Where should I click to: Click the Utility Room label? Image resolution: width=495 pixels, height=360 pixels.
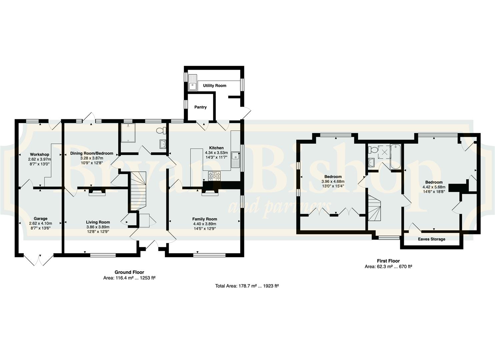(215, 86)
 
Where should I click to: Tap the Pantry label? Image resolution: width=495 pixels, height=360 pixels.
(200, 107)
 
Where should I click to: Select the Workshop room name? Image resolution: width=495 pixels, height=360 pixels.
(40, 154)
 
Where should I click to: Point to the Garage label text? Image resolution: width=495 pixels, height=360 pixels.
(40, 219)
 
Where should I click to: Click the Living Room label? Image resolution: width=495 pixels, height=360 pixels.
(98, 222)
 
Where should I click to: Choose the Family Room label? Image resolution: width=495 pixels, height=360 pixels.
(205, 219)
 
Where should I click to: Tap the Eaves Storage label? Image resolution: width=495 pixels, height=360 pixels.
(432, 239)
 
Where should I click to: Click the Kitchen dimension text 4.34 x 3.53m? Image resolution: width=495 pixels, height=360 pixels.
(216, 153)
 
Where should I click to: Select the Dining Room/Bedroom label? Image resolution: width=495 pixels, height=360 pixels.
(92, 153)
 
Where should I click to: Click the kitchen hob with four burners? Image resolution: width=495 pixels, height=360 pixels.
(214, 176)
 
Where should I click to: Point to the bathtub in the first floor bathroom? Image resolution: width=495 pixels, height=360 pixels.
(395, 157)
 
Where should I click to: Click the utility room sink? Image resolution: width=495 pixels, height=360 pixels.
(193, 82)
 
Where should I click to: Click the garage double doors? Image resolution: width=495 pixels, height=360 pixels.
(39, 260)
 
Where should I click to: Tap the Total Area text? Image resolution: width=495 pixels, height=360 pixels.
(247, 286)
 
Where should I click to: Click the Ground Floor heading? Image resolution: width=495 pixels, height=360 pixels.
(129, 272)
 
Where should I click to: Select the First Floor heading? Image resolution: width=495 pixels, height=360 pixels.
(388, 261)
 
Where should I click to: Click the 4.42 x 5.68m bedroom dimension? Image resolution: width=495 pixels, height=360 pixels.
(434, 187)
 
